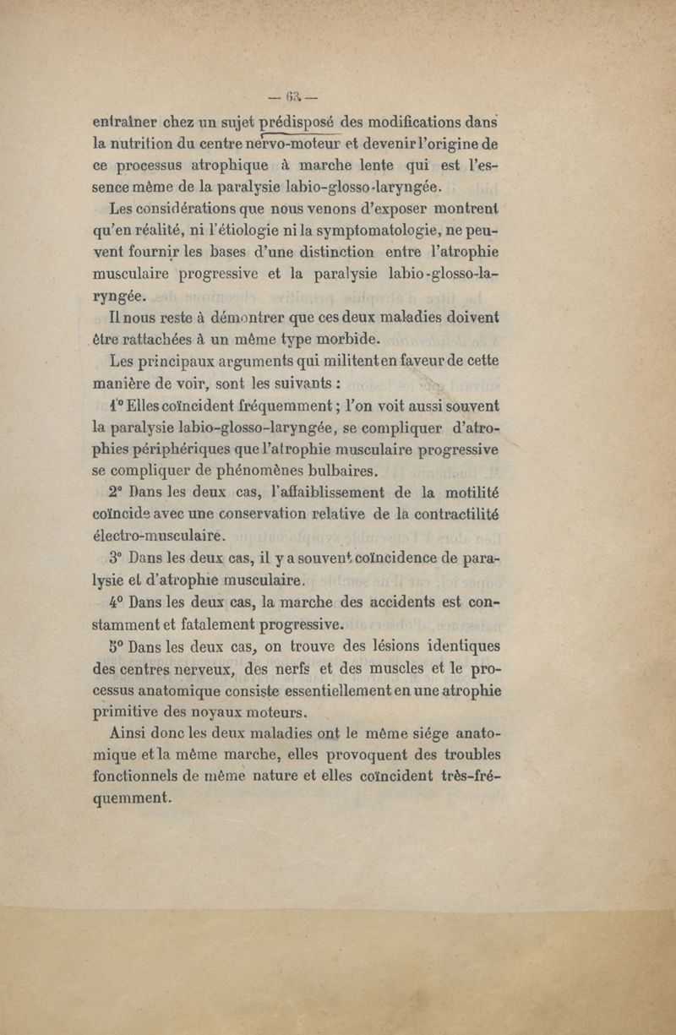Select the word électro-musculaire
(158, 535)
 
